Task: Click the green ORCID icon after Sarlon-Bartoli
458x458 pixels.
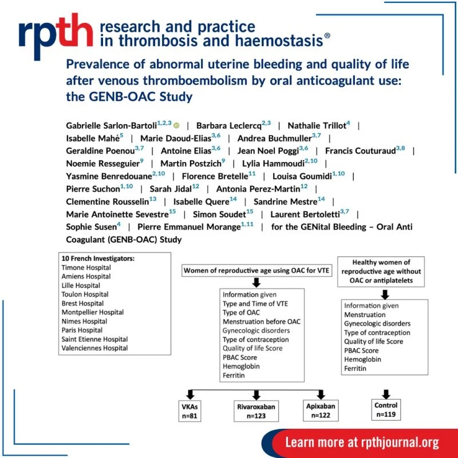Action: tap(177, 125)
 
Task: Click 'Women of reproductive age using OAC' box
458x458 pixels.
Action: tap(256, 270)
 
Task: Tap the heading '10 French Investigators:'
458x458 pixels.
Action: tap(98, 258)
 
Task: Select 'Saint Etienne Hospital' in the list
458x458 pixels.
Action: tap(94, 339)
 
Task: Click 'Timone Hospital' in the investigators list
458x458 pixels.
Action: tap(86, 267)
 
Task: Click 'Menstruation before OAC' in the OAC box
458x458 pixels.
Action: tap(261, 322)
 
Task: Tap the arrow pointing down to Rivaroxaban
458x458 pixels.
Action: tap(256, 394)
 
